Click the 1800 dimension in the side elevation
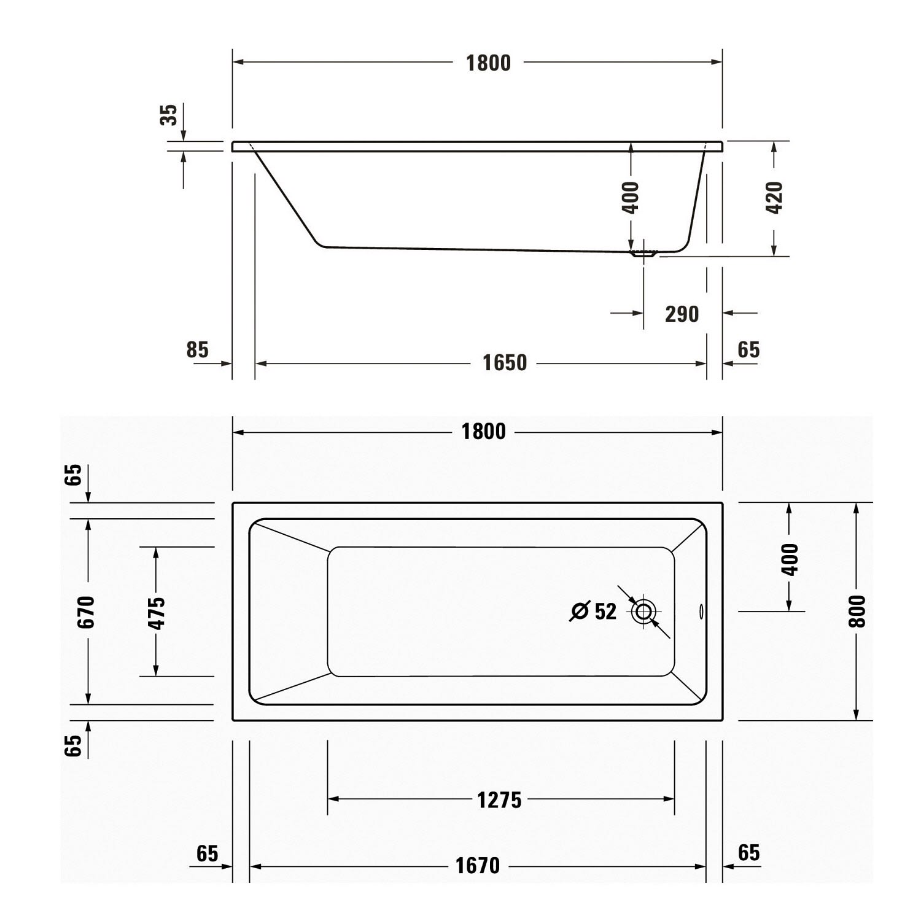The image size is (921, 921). tap(488, 63)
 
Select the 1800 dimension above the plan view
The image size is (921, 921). tap(484, 432)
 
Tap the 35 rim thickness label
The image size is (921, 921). tap(169, 115)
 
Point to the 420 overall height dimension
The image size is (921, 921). tap(775, 197)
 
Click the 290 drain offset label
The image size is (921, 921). tap(682, 314)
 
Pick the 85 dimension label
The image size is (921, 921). tap(198, 349)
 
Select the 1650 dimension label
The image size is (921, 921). tap(505, 363)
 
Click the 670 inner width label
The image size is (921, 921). tap(86, 612)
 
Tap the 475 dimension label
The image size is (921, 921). tap(157, 613)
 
